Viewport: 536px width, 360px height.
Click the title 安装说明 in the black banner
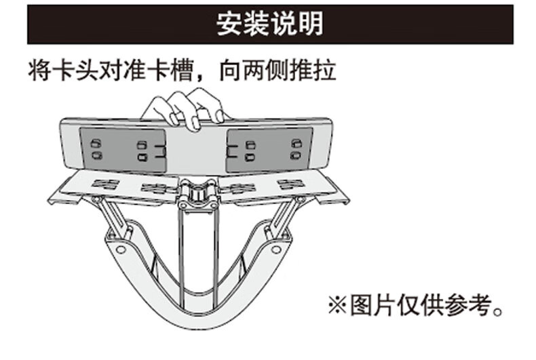[x=269, y=24]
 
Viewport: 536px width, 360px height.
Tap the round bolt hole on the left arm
[x=121, y=249]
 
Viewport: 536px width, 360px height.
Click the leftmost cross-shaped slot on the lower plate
[x=105, y=184]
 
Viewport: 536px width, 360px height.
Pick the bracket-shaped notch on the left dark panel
[x=159, y=150]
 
